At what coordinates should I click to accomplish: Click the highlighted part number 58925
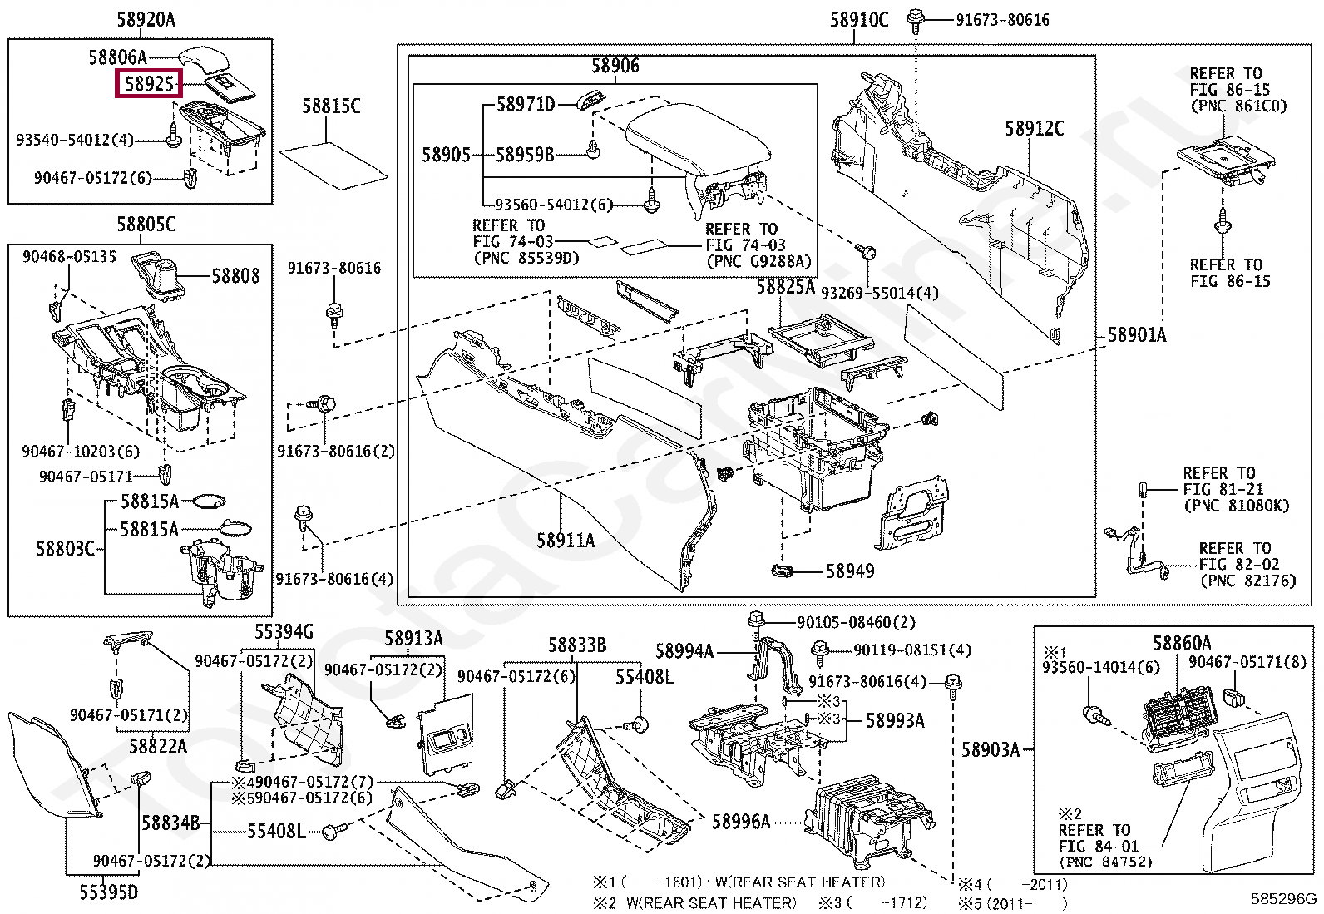[x=150, y=83]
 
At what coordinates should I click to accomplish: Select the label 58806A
[x=117, y=57]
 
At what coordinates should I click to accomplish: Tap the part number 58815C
[x=331, y=106]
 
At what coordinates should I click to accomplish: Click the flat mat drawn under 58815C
[x=333, y=166]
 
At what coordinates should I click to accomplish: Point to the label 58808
[x=235, y=276]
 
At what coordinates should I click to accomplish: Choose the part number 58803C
[x=66, y=549]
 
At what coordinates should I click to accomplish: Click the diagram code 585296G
[x=1283, y=899]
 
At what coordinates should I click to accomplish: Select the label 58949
[x=849, y=571]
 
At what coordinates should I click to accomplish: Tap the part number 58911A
[x=566, y=541]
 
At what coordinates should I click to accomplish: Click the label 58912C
[x=1035, y=128]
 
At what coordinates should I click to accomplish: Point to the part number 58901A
[x=1137, y=335]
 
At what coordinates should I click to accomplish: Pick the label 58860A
[x=1182, y=643]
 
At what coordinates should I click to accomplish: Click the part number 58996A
[x=741, y=822]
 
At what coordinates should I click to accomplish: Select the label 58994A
[x=684, y=651]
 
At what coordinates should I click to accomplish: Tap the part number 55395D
[x=109, y=892]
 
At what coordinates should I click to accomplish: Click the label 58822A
[x=158, y=747]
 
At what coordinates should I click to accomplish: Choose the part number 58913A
[x=414, y=639]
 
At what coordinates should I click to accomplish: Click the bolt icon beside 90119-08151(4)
[x=820, y=654]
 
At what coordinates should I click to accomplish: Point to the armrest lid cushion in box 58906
[x=699, y=139]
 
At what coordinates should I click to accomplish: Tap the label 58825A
[x=786, y=287]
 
